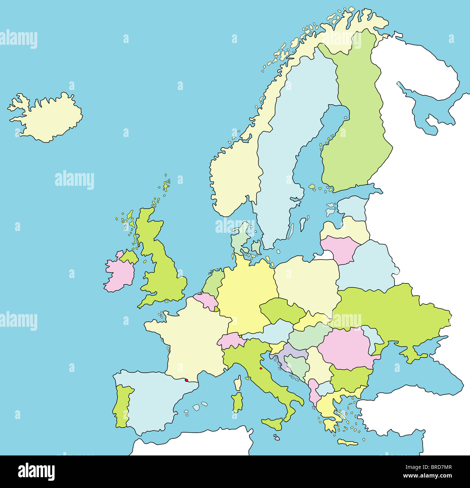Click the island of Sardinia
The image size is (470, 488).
pyautogui.click(x=237, y=402)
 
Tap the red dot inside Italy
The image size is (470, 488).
pyautogui.click(x=261, y=369)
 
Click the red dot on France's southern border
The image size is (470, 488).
pyautogui.click(x=187, y=380)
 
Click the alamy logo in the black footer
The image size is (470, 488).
pyautogui.click(x=37, y=471)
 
